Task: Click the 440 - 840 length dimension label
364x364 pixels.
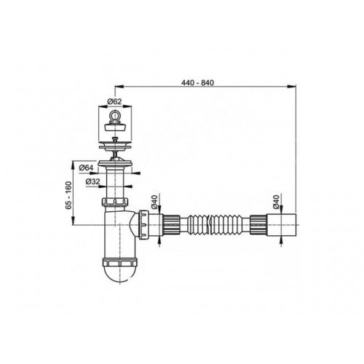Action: pyautogui.click(x=197, y=83)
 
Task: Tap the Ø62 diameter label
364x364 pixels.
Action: pyautogui.click(x=114, y=101)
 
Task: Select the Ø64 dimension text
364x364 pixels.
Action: pyautogui.click(x=86, y=167)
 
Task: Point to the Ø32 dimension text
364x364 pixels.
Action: pyautogui.click(x=92, y=181)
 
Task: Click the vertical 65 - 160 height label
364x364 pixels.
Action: pyautogui.click(x=69, y=195)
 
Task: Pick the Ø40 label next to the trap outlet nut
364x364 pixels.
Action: pyautogui.click(x=154, y=202)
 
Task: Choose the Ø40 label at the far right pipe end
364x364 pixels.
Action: pyautogui.click(x=276, y=202)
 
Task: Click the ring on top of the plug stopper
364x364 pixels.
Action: pyautogui.click(x=114, y=115)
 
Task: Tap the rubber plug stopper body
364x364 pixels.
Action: pyautogui.click(x=114, y=127)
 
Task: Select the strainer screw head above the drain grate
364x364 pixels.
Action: pyautogui.click(x=114, y=140)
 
